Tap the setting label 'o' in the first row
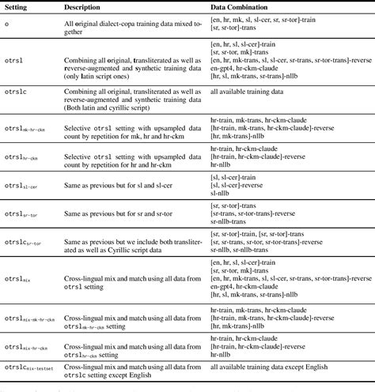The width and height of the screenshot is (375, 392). tap(7, 25)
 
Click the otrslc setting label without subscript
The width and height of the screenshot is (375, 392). tap(17, 92)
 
